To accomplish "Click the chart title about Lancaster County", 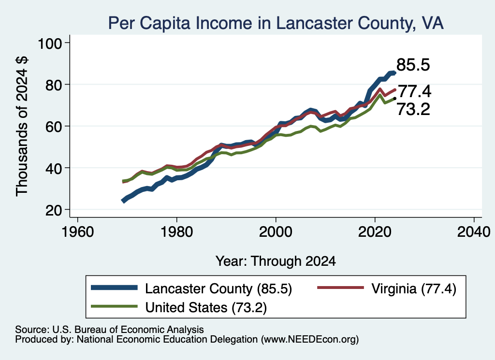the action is click(276, 23).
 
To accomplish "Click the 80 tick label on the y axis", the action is click(53, 85).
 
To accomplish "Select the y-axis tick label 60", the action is click(53, 127).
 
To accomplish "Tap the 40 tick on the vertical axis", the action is click(53, 168).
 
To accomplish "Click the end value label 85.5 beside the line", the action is click(413, 65).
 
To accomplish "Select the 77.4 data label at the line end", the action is click(414, 91).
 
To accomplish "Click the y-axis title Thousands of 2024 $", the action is click(22, 127).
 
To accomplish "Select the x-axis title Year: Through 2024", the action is click(276, 261).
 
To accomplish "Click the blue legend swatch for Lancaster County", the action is click(114, 288).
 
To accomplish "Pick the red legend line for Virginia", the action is click(341, 288).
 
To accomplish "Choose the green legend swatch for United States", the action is click(114, 306).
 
